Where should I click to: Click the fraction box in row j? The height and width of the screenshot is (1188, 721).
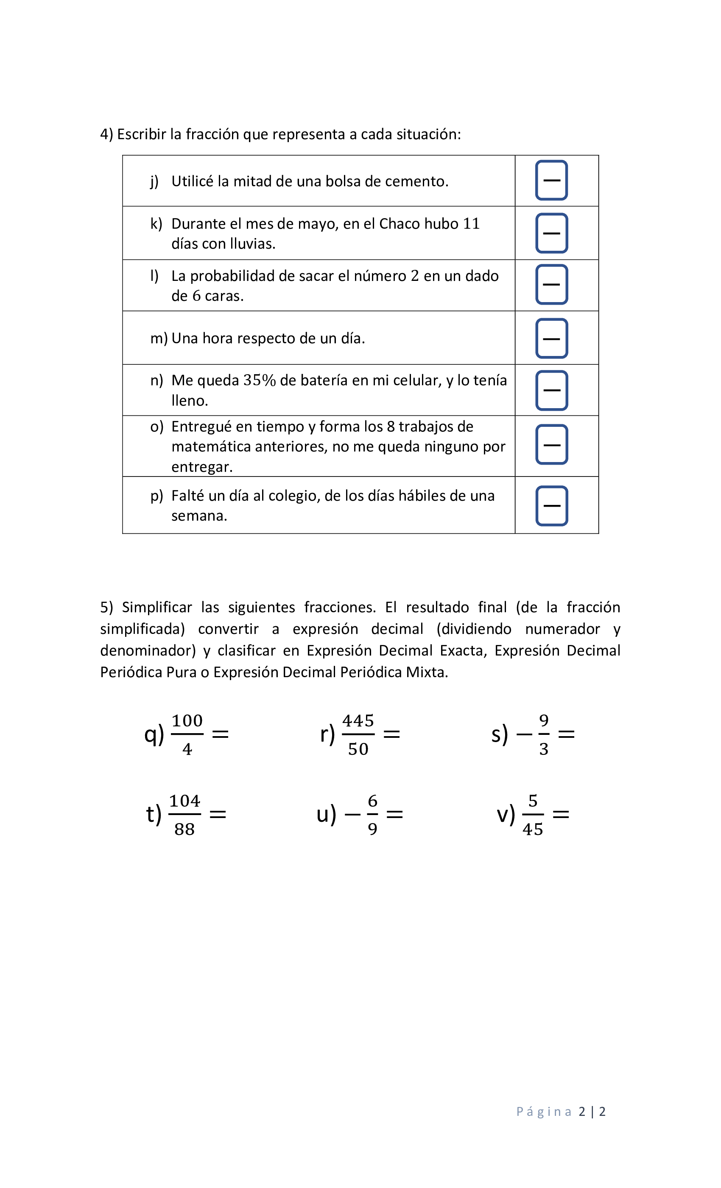[551, 180]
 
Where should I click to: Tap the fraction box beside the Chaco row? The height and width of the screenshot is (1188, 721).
[551, 233]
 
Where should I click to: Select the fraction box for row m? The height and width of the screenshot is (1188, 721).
[551, 339]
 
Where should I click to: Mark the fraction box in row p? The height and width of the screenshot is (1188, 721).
[551, 506]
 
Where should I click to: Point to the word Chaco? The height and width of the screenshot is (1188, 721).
[399, 224]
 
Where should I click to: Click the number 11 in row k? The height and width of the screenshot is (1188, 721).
[471, 224]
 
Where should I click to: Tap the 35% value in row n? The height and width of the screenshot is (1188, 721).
[259, 381]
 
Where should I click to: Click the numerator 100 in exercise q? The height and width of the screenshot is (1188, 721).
[187, 721]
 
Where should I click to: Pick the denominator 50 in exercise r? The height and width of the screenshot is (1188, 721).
[358, 749]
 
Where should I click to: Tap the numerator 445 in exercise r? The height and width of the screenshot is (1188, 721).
[358, 721]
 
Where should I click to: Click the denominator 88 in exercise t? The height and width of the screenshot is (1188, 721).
[184, 829]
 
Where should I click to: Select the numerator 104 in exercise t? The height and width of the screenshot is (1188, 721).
[184, 801]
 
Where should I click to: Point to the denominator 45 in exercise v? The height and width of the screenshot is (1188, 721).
[533, 829]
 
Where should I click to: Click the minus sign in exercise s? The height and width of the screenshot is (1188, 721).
[524, 735]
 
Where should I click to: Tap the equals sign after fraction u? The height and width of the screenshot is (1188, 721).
[395, 814]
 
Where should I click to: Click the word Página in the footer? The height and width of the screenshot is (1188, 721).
[544, 1111]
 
